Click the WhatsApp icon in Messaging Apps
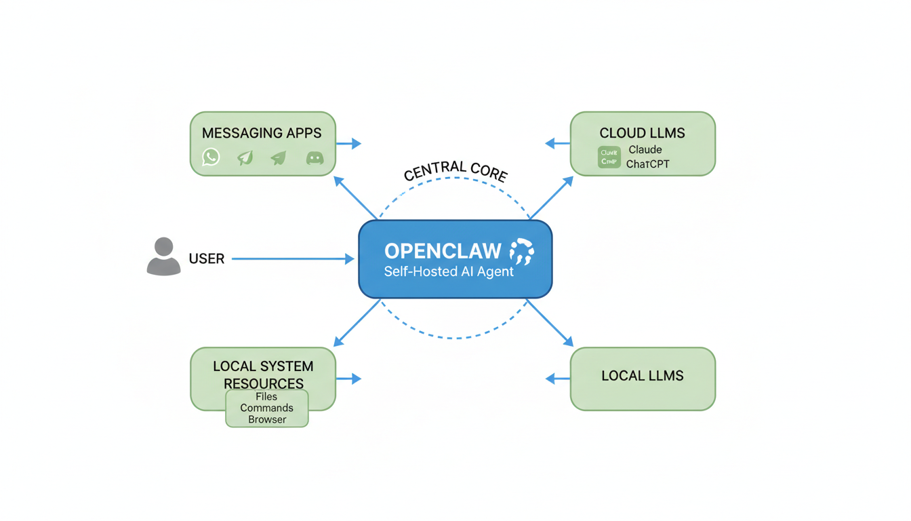211,157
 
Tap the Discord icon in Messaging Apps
315,158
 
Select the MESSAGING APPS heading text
262,134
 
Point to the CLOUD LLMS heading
642,134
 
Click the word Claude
645,150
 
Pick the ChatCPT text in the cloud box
648,164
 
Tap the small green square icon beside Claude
609,157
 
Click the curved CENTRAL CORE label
455,171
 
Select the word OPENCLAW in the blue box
443,252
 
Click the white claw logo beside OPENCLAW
521,251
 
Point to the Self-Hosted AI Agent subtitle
449,272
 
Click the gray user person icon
164,256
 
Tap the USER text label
207,259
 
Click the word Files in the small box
266,397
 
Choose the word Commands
266,408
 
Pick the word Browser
266,420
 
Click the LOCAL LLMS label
643,376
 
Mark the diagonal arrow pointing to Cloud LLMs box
550,198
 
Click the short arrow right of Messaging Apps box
348,144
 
